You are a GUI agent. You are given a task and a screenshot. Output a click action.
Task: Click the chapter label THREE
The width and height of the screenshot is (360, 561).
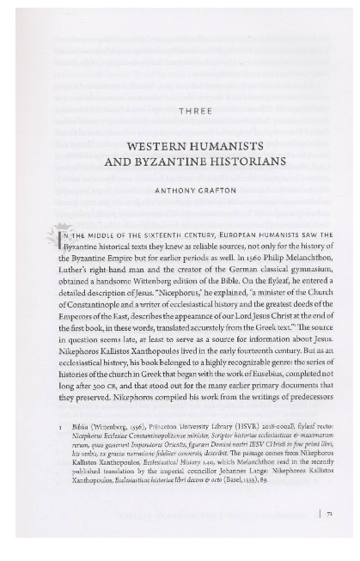pos(194,111)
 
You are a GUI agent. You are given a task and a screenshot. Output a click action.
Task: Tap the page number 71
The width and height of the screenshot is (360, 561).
pos(326,515)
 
